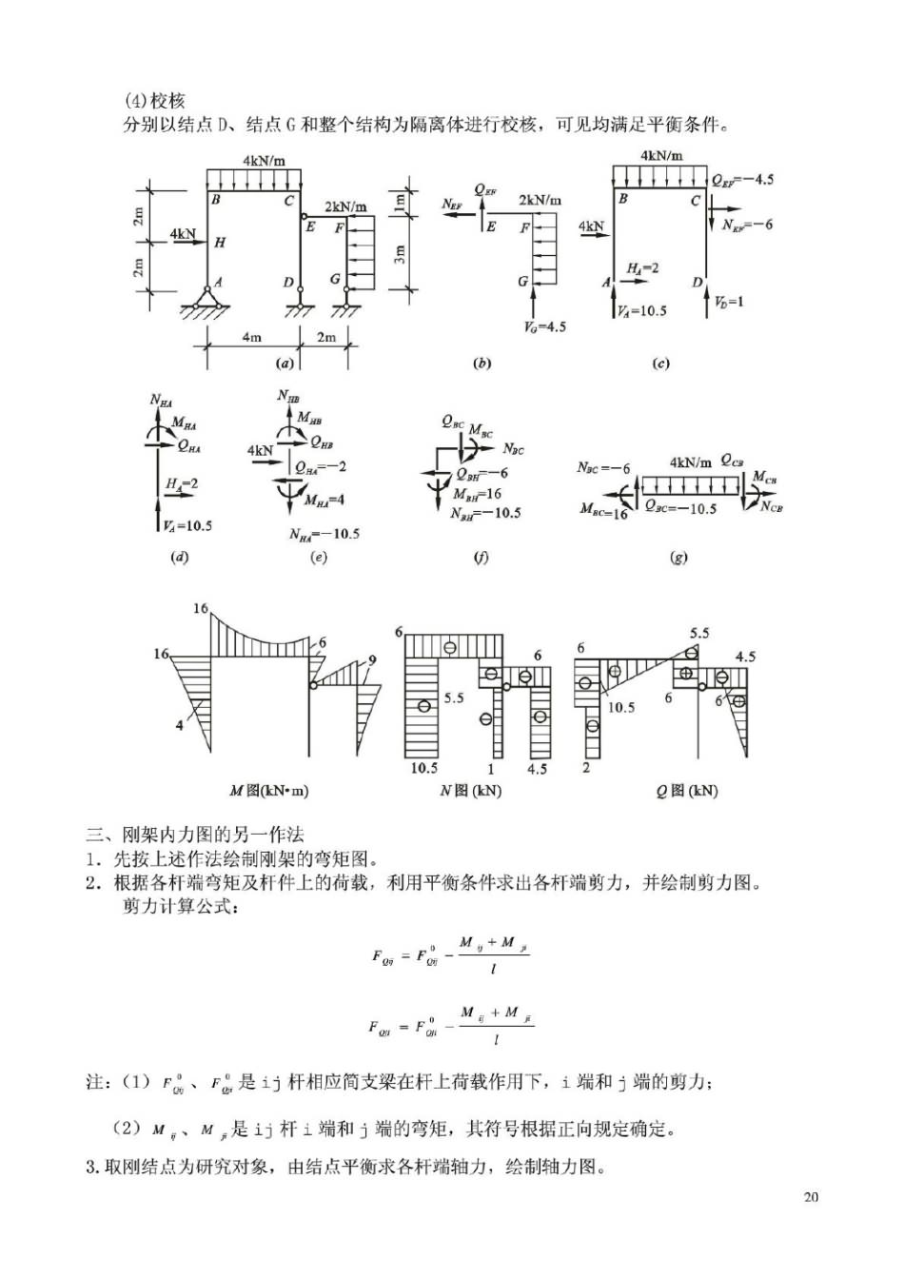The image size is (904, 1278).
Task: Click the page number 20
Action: point(811,1196)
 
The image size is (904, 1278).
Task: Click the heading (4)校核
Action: point(154,100)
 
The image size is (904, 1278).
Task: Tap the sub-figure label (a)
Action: point(284,363)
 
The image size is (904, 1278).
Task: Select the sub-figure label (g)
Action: point(678,557)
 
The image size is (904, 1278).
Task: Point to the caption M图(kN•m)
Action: point(269,790)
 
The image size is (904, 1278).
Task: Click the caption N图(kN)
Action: point(471,790)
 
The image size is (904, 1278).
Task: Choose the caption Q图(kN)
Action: point(687,790)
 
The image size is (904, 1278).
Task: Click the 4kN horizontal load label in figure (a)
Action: point(183,233)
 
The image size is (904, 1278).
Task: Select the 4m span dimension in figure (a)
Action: point(251,337)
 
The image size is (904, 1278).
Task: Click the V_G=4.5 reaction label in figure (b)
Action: point(544,326)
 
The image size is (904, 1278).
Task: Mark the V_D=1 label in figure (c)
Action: point(729,302)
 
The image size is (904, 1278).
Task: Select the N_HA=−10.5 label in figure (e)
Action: point(324,534)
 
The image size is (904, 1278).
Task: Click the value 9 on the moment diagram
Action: point(372,659)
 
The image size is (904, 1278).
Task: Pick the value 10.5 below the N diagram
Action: point(423,767)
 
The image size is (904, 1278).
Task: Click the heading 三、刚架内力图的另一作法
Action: point(195,835)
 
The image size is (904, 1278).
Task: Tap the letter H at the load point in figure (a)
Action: point(220,243)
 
